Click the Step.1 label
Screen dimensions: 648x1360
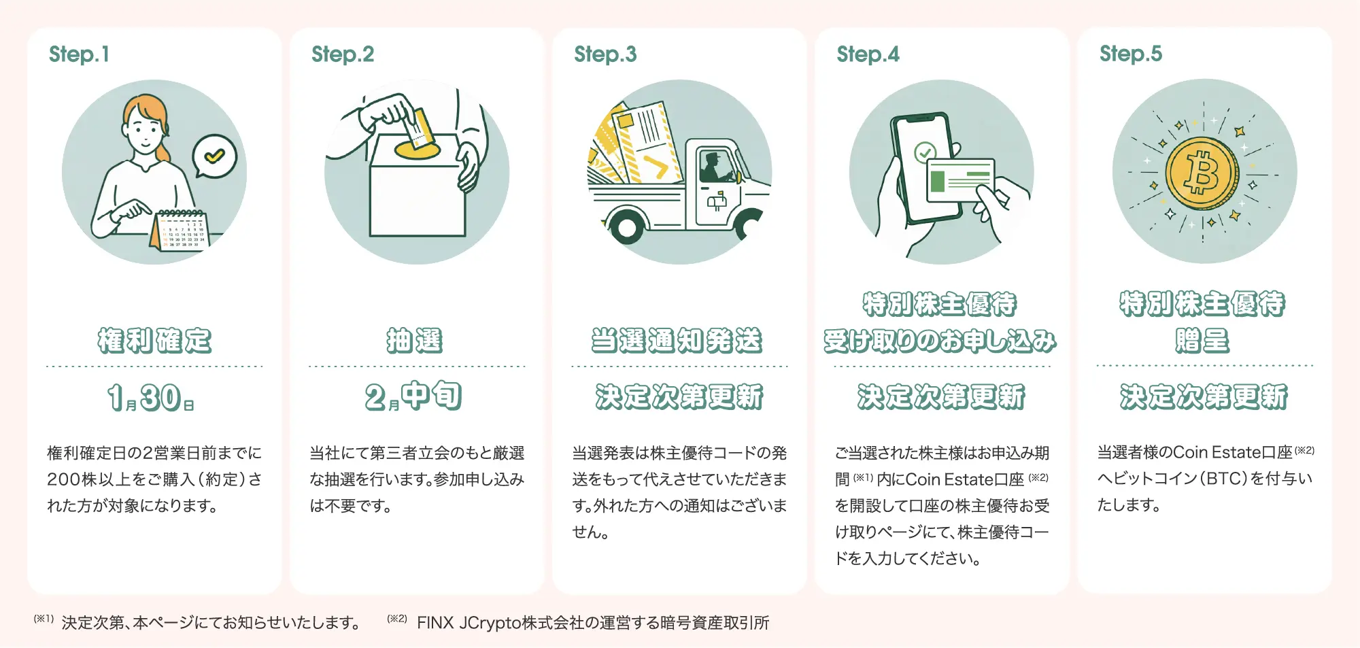click(79, 54)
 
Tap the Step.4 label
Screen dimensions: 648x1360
click(868, 54)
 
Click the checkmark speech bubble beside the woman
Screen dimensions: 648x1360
click(215, 156)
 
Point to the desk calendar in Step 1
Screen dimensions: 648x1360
click(181, 231)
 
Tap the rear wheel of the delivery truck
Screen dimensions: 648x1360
click(626, 228)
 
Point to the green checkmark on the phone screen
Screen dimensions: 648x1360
click(924, 152)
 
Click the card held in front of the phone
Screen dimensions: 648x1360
click(960, 180)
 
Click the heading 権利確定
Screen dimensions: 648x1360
click(154, 340)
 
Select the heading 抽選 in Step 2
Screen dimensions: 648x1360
click(414, 340)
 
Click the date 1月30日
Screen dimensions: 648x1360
click(151, 398)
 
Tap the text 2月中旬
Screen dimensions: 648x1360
click(413, 396)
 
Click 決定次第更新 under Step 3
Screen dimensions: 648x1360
click(679, 397)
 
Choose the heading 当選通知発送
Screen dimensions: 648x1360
click(677, 340)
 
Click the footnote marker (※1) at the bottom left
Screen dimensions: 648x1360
click(44, 619)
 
